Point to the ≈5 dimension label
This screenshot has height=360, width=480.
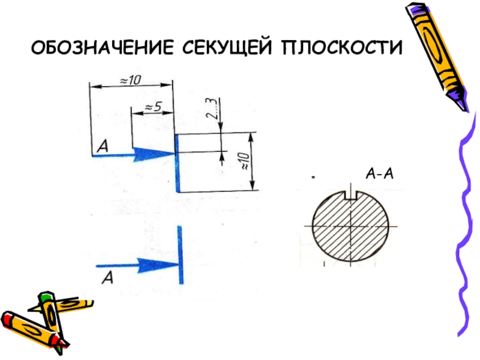pos(151,107)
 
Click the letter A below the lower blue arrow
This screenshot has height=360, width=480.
pos(107,277)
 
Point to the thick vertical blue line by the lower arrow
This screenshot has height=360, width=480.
pos(181,254)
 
